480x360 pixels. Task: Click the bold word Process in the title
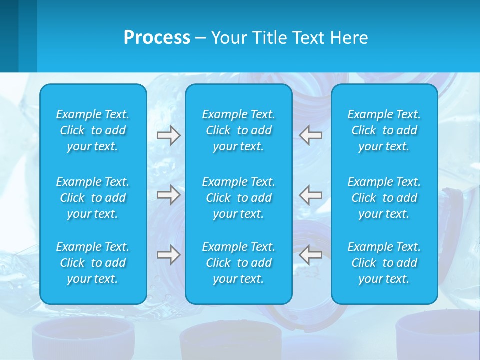(157, 38)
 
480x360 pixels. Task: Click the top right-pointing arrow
(169, 135)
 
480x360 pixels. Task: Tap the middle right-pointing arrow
(169, 194)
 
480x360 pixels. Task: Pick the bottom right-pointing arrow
(169, 254)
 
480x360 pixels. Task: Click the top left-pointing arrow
(311, 135)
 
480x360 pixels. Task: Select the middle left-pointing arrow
(311, 194)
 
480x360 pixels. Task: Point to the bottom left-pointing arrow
(311, 254)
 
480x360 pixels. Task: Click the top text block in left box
(93, 130)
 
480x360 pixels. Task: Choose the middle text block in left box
(93, 198)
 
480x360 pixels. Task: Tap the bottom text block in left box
(93, 263)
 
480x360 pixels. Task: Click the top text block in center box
(238, 130)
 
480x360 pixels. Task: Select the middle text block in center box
(238, 198)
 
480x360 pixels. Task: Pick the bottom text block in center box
(238, 263)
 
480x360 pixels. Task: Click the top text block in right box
(384, 130)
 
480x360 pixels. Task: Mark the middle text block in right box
(384, 198)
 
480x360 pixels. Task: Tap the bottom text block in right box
(384, 263)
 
